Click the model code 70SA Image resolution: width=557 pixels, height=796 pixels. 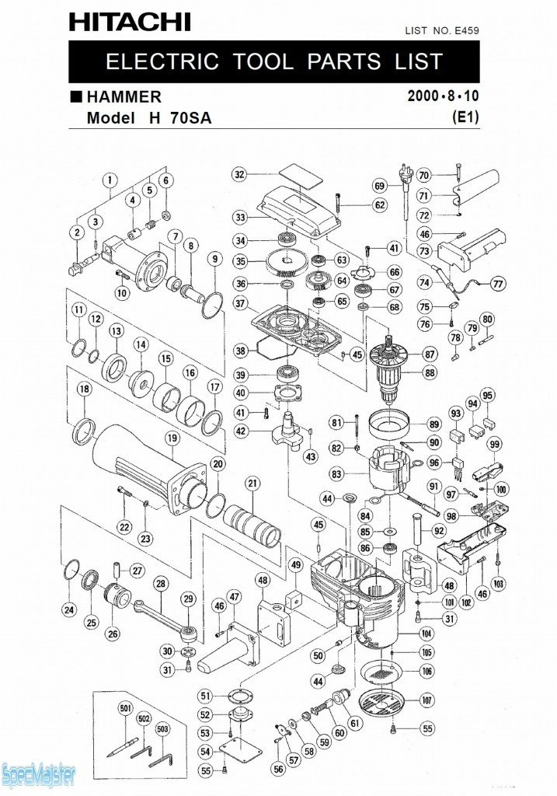(x=186, y=118)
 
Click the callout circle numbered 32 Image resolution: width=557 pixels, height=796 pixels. (x=240, y=174)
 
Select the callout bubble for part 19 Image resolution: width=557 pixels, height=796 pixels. (x=172, y=439)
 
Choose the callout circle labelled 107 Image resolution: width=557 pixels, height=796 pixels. (x=426, y=698)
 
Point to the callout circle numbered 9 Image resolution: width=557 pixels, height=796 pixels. (x=214, y=259)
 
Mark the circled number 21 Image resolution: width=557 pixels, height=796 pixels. (x=252, y=484)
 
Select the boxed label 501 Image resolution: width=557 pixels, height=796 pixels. (x=125, y=708)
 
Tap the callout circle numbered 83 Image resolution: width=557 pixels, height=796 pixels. (x=336, y=473)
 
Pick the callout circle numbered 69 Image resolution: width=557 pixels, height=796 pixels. (x=379, y=186)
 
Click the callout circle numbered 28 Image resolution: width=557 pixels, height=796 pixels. (x=161, y=583)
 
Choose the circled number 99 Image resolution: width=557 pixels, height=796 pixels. (x=495, y=444)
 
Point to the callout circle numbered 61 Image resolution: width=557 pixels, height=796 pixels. (x=357, y=723)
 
